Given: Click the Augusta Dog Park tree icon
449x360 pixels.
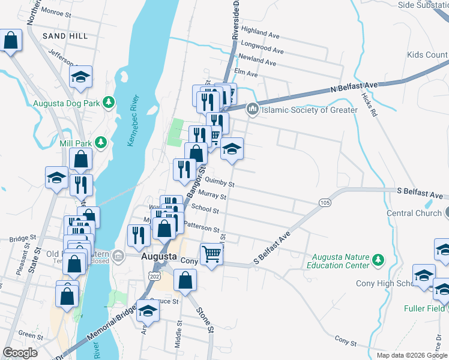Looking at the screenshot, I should (x=109, y=103).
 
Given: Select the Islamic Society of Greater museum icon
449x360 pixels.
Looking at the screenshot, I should (x=252, y=109).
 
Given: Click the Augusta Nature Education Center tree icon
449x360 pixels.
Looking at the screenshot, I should (x=378, y=259).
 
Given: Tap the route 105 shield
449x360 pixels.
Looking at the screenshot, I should (x=325, y=203).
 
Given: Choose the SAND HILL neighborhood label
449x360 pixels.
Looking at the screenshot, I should (x=65, y=36).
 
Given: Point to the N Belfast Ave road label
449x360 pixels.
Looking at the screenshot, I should (x=354, y=88).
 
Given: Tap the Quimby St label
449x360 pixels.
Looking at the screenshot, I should (x=219, y=181).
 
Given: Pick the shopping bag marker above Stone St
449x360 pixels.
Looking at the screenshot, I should (x=185, y=280).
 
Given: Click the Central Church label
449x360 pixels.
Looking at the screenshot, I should (x=414, y=213).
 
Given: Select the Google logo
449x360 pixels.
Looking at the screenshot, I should (x=20, y=353).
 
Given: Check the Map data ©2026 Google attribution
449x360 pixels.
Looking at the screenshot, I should (x=411, y=355).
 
